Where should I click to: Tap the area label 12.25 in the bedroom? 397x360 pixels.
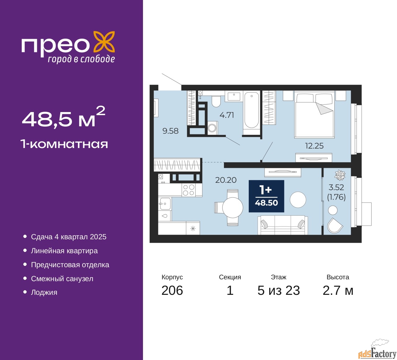(314, 146)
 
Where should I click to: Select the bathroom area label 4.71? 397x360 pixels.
(227, 115)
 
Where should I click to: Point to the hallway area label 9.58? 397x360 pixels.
(170, 131)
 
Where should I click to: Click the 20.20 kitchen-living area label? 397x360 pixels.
(226, 180)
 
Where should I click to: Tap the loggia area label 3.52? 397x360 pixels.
(336, 187)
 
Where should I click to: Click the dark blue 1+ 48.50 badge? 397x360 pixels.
(266, 196)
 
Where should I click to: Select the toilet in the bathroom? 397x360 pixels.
(216, 101)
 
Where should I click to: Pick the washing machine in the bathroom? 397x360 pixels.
(212, 128)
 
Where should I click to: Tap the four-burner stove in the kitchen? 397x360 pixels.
(189, 190)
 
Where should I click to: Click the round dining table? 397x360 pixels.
(233, 208)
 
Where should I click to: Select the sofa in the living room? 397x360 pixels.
(283, 225)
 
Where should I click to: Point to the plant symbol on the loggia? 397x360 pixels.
(340, 175)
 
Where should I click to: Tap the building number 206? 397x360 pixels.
(172, 290)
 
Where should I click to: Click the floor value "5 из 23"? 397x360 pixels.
(279, 290)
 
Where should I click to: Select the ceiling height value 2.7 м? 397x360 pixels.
(338, 290)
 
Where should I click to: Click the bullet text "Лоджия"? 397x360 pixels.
(44, 292)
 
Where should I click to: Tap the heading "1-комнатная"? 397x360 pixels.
(65, 144)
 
